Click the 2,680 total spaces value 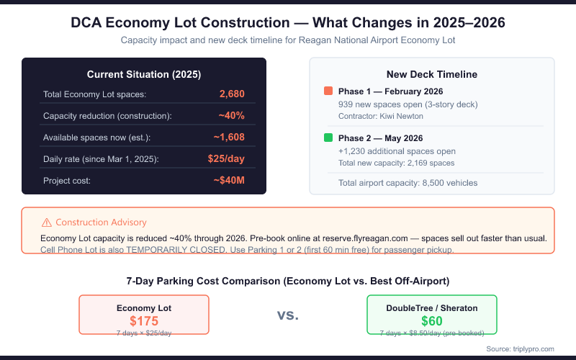[232, 94]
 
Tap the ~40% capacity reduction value [231, 116]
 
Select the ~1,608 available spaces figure [229, 138]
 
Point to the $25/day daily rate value [227, 159]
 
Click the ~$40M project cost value [229, 181]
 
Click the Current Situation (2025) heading [144, 74]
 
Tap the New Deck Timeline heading [432, 74]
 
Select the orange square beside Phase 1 [328, 91]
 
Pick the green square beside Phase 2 [328, 138]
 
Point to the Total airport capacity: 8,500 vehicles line [408, 183]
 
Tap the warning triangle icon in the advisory [47, 222]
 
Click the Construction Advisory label [101, 222]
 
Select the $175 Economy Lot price [144, 321]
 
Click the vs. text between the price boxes [288, 315]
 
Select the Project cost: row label [67, 181]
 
